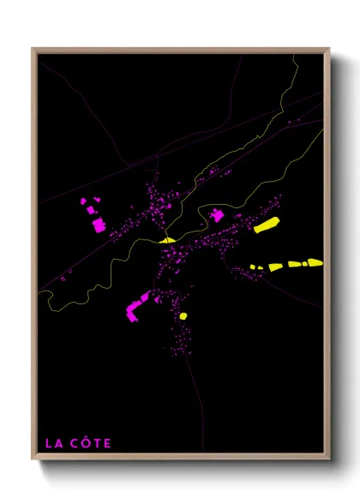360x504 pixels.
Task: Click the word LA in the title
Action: coord(53,443)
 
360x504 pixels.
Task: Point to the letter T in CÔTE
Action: coord(95,443)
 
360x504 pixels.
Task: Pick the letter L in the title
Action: coord(49,443)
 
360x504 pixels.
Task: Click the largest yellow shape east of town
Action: coord(266,225)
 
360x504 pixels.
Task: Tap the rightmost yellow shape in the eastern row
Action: coord(315,262)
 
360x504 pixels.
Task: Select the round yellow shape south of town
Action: coord(183,316)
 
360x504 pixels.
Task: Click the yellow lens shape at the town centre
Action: coord(166,240)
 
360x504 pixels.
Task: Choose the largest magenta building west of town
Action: coord(99,225)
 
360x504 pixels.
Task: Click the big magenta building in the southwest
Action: coord(135,309)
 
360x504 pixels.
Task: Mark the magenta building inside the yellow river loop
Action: coord(217,215)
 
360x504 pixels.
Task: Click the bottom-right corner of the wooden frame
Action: coord(328,458)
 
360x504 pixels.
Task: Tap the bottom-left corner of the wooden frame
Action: coord(33,458)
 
